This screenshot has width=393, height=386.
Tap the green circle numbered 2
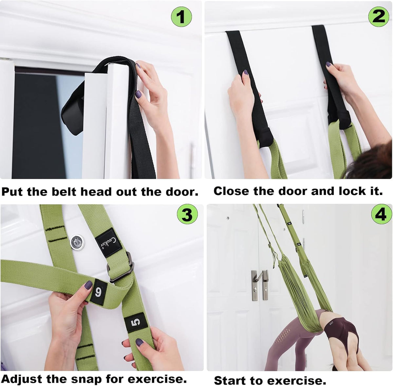pyautogui.click(x=379, y=16)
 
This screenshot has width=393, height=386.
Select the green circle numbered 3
pyautogui.click(x=187, y=215)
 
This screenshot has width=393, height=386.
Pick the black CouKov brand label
pyautogui.click(x=109, y=243)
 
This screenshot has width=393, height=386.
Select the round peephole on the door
pyautogui.click(x=77, y=242)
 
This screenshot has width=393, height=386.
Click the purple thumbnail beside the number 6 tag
pyautogui.click(x=88, y=285)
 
